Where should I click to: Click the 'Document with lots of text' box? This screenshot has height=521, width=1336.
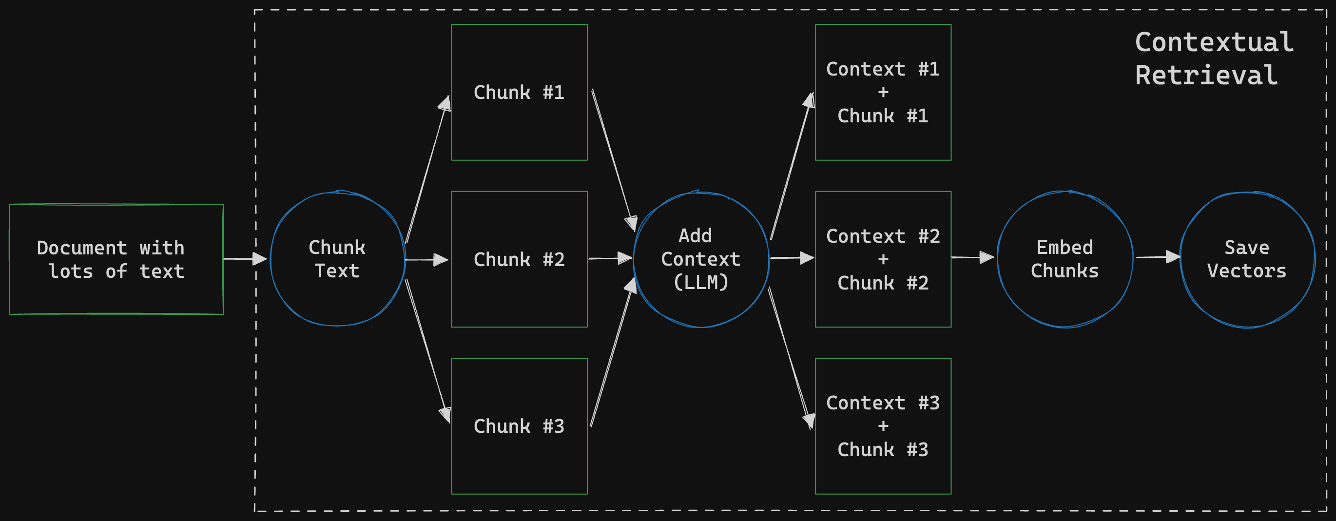(116, 259)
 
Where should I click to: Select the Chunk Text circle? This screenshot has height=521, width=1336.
(337, 259)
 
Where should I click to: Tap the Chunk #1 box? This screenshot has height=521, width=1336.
(519, 92)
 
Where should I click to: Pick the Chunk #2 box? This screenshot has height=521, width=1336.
(519, 259)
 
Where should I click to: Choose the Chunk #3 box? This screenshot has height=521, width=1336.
(519, 426)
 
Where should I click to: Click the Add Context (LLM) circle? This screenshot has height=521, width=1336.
(701, 259)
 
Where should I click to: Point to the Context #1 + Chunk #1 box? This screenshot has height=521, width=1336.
(883, 92)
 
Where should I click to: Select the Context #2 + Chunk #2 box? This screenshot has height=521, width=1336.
(883, 259)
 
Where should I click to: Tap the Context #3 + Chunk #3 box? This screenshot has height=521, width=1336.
(883, 426)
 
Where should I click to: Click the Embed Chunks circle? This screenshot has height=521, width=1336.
(1065, 259)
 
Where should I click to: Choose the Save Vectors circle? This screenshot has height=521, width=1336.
(1247, 259)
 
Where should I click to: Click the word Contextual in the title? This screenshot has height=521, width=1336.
(1214, 42)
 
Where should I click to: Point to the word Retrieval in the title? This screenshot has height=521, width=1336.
(1206, 76)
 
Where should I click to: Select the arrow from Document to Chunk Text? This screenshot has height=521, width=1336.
(244, 259)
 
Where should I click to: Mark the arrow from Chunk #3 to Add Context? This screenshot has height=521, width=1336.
(611, 352)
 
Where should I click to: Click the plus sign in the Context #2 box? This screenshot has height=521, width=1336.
(883, 259)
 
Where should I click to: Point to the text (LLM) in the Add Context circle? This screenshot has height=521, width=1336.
(701, 283)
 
